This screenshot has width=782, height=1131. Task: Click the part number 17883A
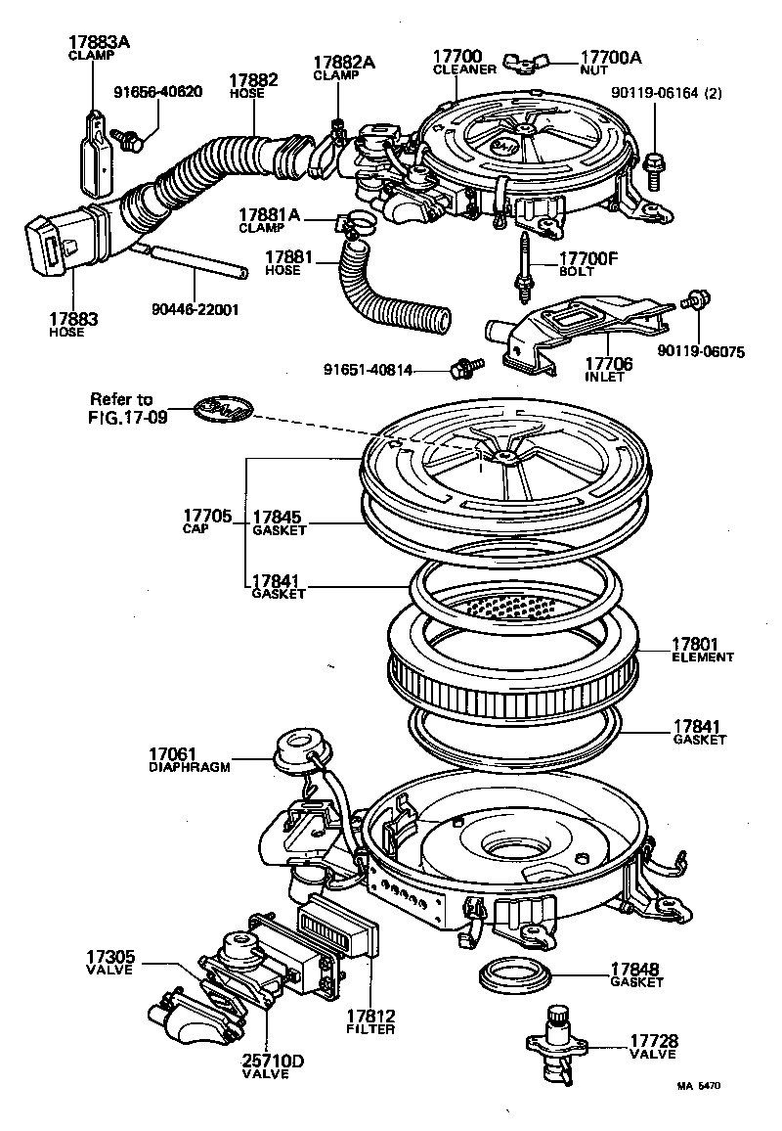(100, 42)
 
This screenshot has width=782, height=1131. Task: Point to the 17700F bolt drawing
(524, 262)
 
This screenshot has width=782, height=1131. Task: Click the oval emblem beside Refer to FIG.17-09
(220, 410)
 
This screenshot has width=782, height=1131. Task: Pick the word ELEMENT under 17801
(702, 657)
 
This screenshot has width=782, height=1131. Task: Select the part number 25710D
(266, 1061)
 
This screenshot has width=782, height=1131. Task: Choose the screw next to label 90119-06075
(696, 300)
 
